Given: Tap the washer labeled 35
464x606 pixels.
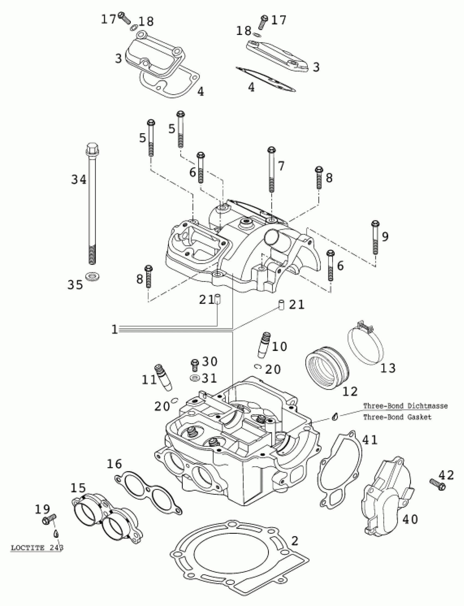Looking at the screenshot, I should [x=93, y=276].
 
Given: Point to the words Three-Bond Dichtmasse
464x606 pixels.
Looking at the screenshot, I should [x=405, y=406].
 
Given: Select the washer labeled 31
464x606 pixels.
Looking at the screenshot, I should [x=195, y=377].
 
